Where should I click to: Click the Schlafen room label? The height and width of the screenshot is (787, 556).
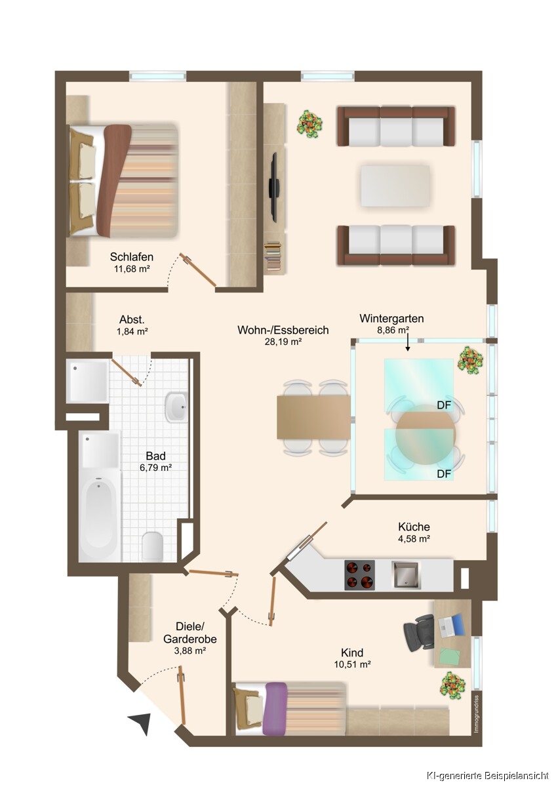click(131, 257)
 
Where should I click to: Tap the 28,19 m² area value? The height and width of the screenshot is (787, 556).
click(283, 342)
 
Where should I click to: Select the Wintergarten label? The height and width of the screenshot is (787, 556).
click(391, 318)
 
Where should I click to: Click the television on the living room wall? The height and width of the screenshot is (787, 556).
click(274, 188)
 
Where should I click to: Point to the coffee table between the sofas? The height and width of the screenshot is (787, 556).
click(395, 186)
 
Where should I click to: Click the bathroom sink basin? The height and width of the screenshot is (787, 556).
click(176, 407)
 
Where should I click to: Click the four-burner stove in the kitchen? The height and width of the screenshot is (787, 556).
click(359, 575)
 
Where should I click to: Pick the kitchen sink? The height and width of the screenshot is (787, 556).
click(405, 575)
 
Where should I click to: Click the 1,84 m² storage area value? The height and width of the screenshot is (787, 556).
click(132, 331)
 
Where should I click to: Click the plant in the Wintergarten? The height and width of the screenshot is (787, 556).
click(469, 360)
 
